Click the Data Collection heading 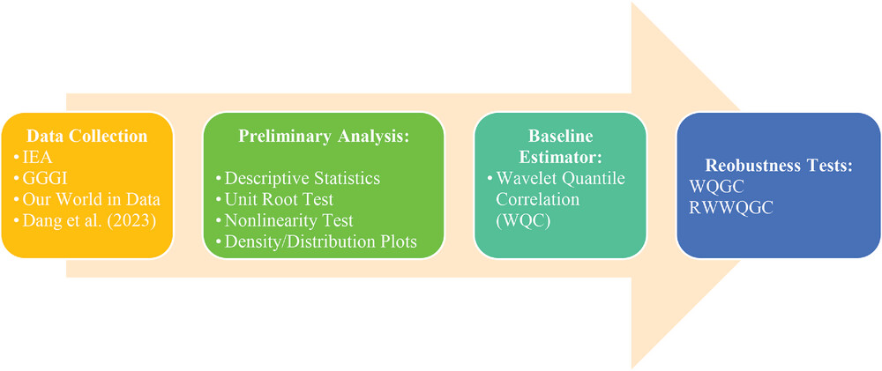pyautogui.click(x=87, y=136)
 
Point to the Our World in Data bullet pyautogui.click(x=91, y=199)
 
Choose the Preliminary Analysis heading pyautogui.click(x=323, y=136)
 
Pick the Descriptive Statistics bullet pyautogui.click(x=302, y=179)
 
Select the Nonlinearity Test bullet pyautogui.click(x=288, y=220)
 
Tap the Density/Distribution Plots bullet pyautogui.click(x=321, y=241)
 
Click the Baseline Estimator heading pyautogui.click(x=559, y=145)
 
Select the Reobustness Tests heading pyautogui.click(x=779, y=167)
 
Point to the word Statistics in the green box pyautogui.click(x=347, y=179)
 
